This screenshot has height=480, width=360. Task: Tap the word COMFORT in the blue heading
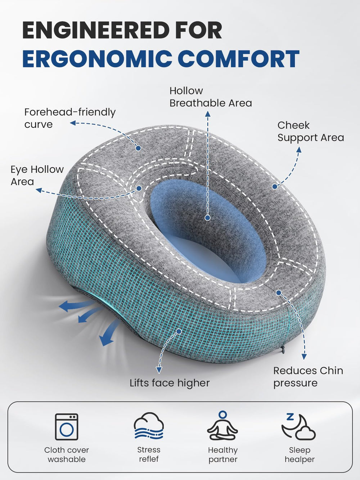240,59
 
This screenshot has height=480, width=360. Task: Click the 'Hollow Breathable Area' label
211,97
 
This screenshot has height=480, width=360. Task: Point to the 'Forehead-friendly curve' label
70,118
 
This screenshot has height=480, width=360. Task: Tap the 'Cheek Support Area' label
311,131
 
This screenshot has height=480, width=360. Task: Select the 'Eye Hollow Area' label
37,175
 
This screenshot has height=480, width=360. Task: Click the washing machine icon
67,427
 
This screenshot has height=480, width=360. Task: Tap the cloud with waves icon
149,426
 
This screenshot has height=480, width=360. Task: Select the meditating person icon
222,426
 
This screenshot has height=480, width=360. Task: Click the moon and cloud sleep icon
299,426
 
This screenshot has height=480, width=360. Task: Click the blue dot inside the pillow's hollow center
208,218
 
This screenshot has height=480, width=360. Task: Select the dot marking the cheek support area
275,187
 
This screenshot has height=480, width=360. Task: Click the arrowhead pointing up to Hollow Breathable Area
208,114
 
